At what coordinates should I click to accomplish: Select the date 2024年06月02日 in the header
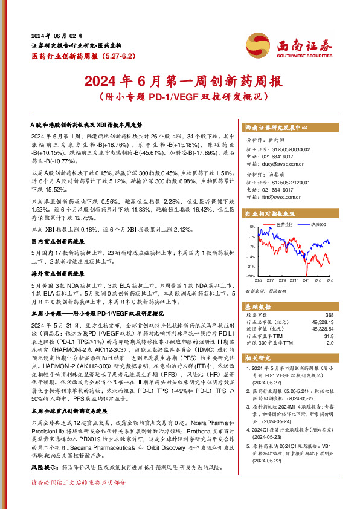coord(56,36)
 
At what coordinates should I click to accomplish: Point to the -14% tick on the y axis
coord(251,256)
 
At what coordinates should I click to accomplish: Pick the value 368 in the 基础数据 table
coord(329,315)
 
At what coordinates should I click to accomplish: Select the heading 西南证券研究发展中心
coord(276,128)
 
